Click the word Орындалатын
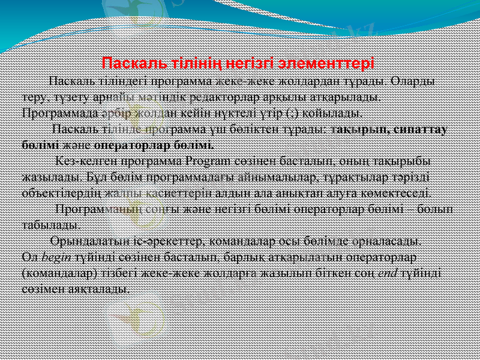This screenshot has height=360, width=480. point(83,241)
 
